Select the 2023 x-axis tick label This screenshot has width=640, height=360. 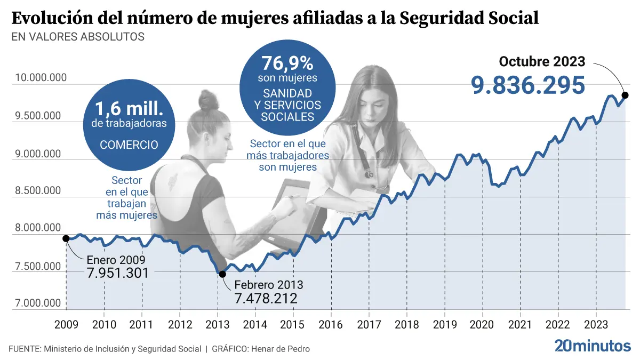[x=595, y=324]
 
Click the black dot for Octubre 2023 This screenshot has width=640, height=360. [x=625, y=95]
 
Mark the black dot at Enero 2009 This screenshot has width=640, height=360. [x=66, y=238]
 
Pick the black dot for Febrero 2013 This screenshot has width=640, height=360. [x=222, y=274]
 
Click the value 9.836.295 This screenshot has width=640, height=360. [x=527, y=85]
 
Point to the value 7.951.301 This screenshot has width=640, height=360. [x=117, y=273]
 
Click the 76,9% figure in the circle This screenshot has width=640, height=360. [x=287, y=64]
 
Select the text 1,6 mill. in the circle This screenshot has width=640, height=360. [x=129, y=109]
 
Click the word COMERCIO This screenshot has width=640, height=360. [x=129, y=145]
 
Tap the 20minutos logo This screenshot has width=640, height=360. [x=593, y=346]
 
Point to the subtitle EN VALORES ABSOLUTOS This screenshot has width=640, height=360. [x=77, y=37]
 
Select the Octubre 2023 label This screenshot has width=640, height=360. [x=542, y=61]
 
